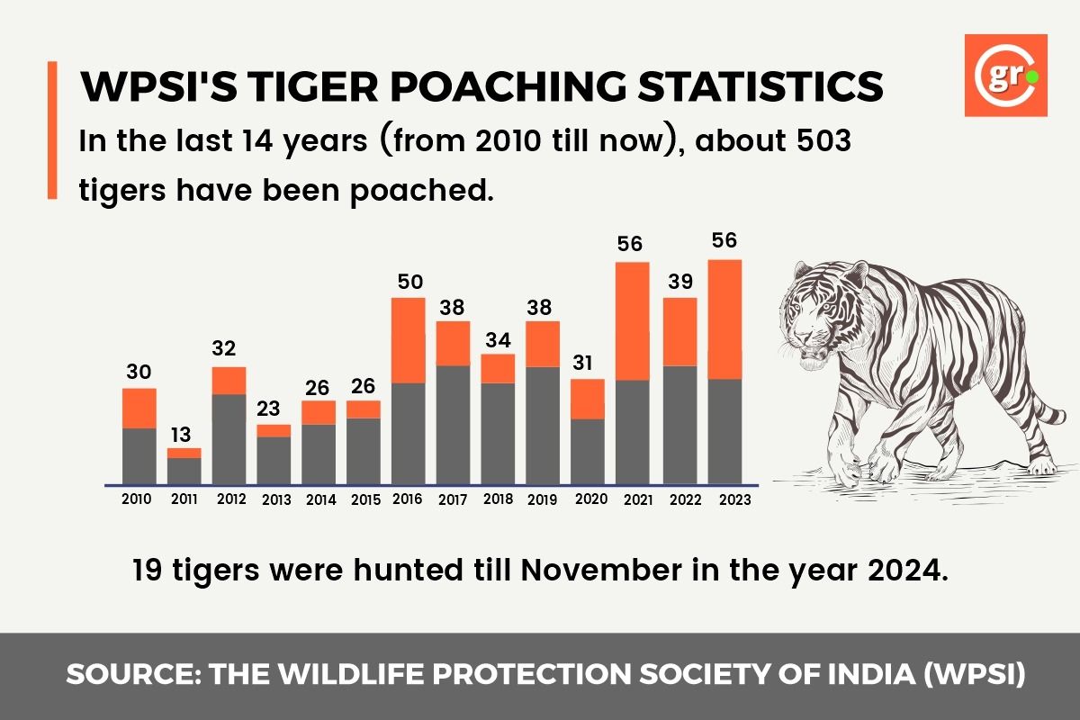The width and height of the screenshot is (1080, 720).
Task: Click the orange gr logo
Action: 1005,75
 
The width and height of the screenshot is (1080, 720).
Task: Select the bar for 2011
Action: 184,466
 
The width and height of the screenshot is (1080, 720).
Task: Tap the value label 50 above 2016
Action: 409,281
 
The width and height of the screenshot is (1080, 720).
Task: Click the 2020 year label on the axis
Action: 590,499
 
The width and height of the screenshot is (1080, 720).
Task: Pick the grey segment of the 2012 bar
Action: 229,438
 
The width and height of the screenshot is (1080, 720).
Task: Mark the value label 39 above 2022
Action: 680,281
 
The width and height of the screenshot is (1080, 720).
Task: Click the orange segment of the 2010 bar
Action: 139,408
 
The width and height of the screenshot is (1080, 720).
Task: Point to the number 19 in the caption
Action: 147,571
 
